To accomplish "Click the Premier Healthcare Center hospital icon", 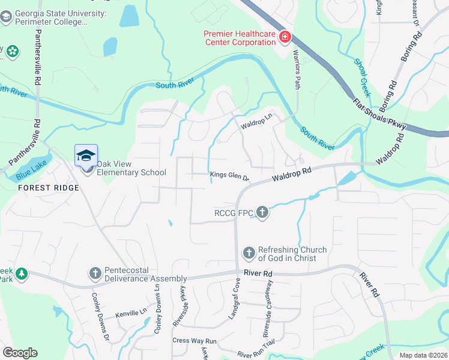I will [285, 38].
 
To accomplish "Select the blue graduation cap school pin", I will [86, 155].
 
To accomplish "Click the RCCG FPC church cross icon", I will [262, 212].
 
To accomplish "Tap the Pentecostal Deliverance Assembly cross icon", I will [94, 274].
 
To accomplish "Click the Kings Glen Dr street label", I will [229, 176].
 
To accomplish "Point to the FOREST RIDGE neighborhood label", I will [49, 188].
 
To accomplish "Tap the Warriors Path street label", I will [296, 73].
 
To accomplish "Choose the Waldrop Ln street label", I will [256, 123].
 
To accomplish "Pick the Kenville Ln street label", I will [131, 313].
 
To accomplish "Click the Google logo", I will [20, 353].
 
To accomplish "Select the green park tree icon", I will [22, 274].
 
